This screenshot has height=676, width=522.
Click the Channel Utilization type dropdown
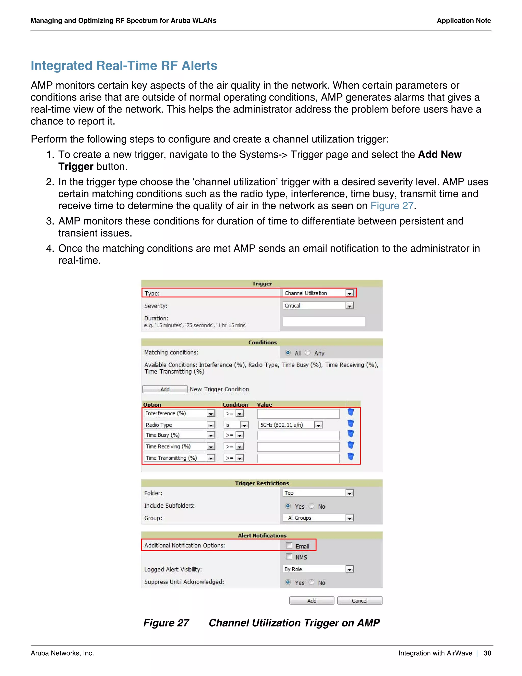[x=318, y=293]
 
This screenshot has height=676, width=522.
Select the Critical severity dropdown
[x=318, y=306]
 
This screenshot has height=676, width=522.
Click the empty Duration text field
[x=323, y=321]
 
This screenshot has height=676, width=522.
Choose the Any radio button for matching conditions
[x=308, y=353]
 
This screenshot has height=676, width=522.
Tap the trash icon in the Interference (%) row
[x=350, y=412]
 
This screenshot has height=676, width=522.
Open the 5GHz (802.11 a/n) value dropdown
[x=290, y=425]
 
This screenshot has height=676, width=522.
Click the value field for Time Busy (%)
[x=298, y=435]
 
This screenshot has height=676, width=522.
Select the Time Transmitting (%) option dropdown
[x=179, y=458]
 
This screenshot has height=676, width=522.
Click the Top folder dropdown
[x=318, y=493]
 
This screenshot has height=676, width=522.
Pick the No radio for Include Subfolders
[x=312, y=506]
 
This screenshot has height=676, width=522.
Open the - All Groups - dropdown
[x=318, y=518]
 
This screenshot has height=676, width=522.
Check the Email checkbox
[x=289, y=545]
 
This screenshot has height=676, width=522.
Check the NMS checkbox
[x=289, y=557]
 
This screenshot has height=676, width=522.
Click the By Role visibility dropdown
[x=318, y=569]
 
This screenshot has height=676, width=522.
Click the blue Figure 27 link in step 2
[x=392, y=206]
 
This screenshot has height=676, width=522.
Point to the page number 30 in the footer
[x=487, y=653]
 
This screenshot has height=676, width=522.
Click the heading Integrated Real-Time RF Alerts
[x=124, y=66]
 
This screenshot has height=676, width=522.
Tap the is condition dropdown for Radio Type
[x=236, y=425]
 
